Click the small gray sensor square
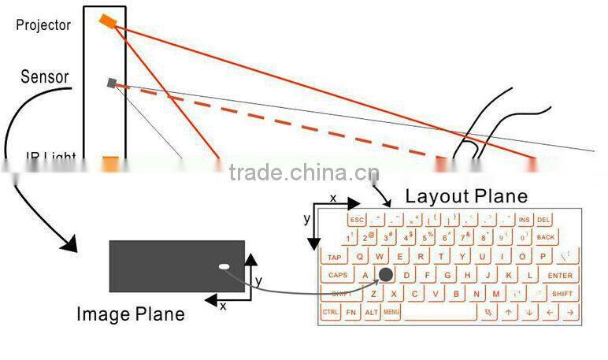pos(113,81)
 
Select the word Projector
pos(43,25)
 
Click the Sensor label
pos(45,77)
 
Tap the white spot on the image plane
pos(224,266)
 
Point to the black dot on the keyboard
pos(386,274)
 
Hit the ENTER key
pos(560,275)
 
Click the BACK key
pos(545,237)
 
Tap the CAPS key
pos(338,275)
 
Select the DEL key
pos(544,220)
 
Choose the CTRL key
pos(331,313)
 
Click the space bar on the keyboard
pos(440,313)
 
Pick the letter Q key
pos(360,256)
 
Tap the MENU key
pos(391,313)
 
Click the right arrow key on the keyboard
pos(569,313)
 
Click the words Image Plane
pos(130,314)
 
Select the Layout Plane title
pos(466,195)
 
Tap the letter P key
pos(543,256)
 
